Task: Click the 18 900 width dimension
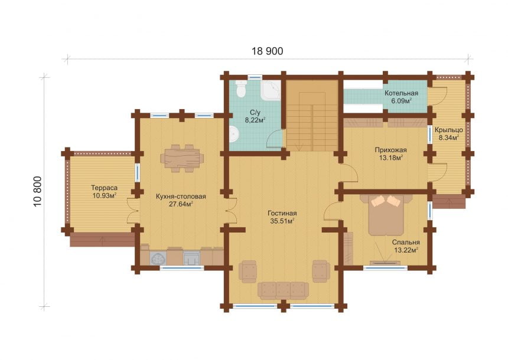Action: (x=267, y=51)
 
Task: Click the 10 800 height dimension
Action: (x=38, y=191)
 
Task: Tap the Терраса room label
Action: (x=104, y=188)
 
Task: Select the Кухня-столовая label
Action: (x=181, y=197)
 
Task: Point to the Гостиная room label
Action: (x=282, y=214)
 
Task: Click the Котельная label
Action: (x=401, y=93)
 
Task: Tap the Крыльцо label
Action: (x=449, y=130)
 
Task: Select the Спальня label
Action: (x=406, y=242)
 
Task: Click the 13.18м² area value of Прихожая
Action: (x=391, y=158)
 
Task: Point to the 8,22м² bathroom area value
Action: (x=255, y=120)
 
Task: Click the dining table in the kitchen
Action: (x=182, y=158)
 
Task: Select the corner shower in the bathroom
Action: (x=271, y=90)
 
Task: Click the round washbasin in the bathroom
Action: (x=234, y=134)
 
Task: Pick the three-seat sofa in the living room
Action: (x=283, y=290)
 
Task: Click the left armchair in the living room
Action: (x=248, y=271)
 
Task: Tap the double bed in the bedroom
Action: (x=386, y=215)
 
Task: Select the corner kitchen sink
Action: (x=158, y=258)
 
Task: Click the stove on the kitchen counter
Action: (x=192, y=258)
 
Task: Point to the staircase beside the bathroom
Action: (x=312, y=115)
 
